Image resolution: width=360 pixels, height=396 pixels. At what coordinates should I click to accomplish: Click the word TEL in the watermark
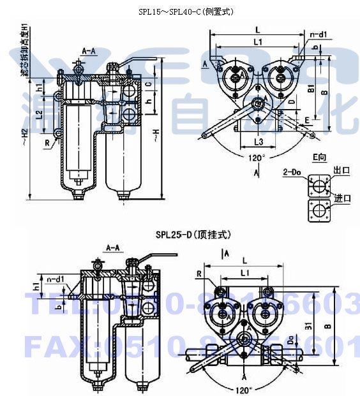(x=61, y=307)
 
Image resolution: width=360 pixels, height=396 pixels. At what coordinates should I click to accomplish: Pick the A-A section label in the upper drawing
(x=89, y=49)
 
